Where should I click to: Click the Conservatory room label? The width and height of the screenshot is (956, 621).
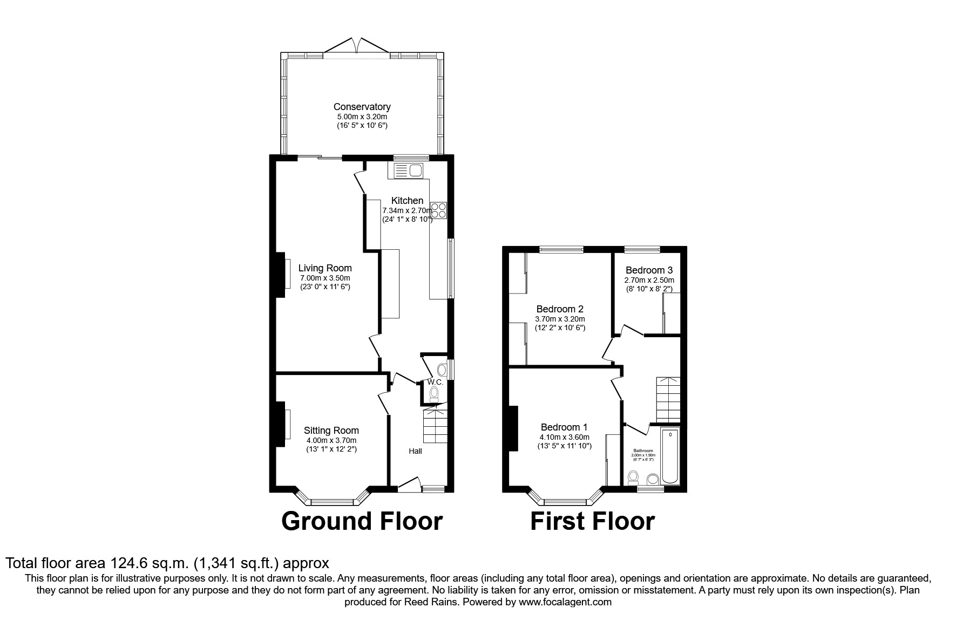pyautogui.click(x=362, y=107)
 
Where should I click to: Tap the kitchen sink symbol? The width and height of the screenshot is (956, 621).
pyautogui.click(x=409, y=171)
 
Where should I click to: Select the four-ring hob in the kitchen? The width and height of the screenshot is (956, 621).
pyautogui.click(x=439, y=210)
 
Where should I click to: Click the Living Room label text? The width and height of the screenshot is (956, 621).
pyautogui.click(x=325, y=268)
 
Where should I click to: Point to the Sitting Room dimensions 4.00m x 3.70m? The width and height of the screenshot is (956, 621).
pyautogui.click(x=331, y=440)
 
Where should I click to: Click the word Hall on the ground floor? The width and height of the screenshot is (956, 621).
pyautogui.click(x=415, y=451)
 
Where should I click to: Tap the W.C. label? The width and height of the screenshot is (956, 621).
pyautogui.click(x=435, y=382)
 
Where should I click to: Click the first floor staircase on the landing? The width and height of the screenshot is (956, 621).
pyautogui.click(x=668, y=399)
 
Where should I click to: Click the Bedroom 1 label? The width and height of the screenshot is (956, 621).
pyautogui.click(x=564, y=426)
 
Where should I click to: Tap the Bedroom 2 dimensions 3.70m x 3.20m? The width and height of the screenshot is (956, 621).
pyautogui.click(x=560, y=319)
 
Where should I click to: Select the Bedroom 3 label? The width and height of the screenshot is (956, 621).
pyautogui.click(x=649, y=270)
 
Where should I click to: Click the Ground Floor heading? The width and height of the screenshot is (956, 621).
pyautogui.click(x=362, y=521)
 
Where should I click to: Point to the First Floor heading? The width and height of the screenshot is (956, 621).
pyautogui.click(x=592, y=521)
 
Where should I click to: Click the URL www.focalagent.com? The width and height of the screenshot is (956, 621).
pyautogui.click(x=565, y=602)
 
